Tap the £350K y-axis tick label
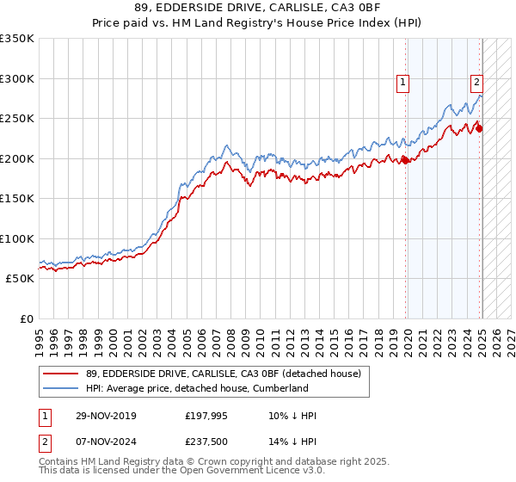coord(17,39)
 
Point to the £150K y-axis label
coord(17,198)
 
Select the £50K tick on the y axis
coord(21,279)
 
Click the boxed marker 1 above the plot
coord(402,83)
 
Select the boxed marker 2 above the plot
coord(476,83)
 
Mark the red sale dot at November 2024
coord(479,129)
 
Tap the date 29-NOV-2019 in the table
coord(105,416)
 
